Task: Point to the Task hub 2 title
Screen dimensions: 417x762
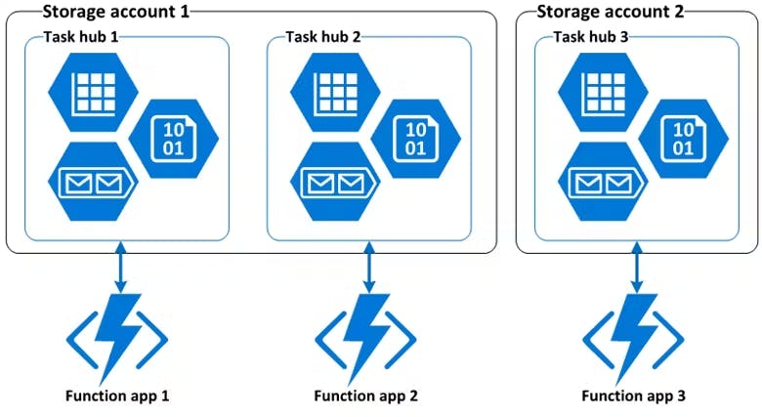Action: click(x=322, y=37)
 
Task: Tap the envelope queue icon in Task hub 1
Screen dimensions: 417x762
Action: click(x=92, y=181)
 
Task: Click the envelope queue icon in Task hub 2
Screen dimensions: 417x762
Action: click(x=333, y=181)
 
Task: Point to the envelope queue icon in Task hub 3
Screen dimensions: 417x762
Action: click(x=602, y=181)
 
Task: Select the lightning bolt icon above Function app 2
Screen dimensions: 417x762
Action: click(x=366, y=338)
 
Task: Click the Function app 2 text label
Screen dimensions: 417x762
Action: click(x=366, y=396)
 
